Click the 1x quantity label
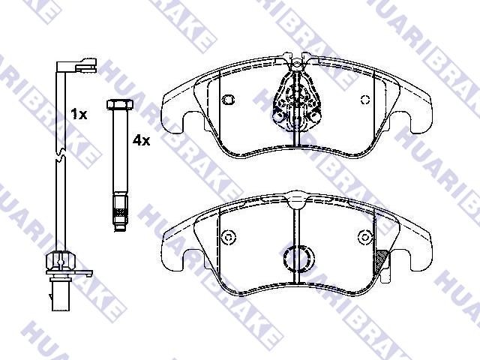pyautogui.click(x=79, y=114)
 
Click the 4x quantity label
pyautogui.click(x=142, y=140)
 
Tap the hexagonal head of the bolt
pyautogui.click(x=120, y=104)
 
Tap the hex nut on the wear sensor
pyautogui.click(x=61, y=261)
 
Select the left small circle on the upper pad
pyautogui.click(x=228, y=99)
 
